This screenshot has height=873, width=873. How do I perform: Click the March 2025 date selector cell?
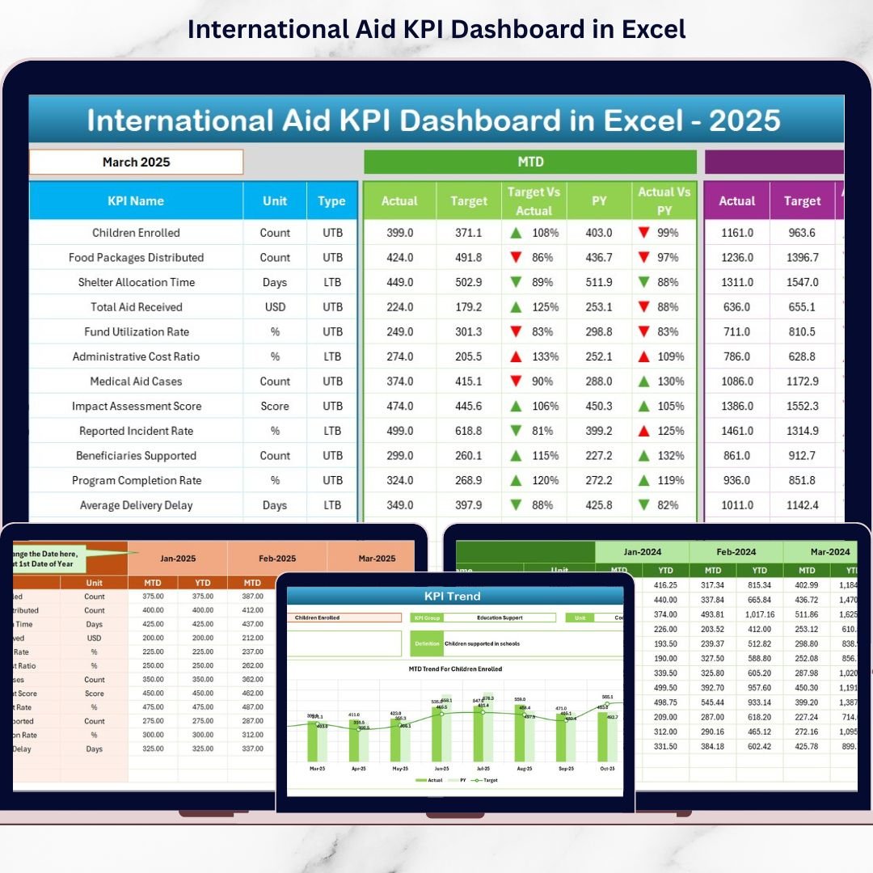(136, 162)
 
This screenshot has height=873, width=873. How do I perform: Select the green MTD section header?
(530, 162)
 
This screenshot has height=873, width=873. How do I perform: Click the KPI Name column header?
(136, 201)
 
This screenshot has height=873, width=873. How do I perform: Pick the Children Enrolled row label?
(136, 233)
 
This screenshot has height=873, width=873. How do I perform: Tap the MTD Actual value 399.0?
(399, 233)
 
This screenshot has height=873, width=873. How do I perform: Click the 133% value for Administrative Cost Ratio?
(542, 356)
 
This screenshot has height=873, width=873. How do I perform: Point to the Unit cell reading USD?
(275, 307)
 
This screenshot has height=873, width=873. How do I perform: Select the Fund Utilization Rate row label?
(136, 332)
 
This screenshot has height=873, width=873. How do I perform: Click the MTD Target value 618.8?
(469, 431)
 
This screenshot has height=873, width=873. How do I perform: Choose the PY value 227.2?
(599, 456)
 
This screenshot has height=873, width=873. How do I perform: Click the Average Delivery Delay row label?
(136, 505)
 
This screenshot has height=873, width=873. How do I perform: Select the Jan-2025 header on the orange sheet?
(178, 559)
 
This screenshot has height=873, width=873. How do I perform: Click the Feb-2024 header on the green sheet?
(736, 552)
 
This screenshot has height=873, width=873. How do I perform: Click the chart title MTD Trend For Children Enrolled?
(455, 669)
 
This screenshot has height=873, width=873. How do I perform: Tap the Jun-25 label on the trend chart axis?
(441, 769)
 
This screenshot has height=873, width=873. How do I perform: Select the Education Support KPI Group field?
(500, 618)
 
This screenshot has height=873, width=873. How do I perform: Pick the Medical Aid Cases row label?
(136, 382)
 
